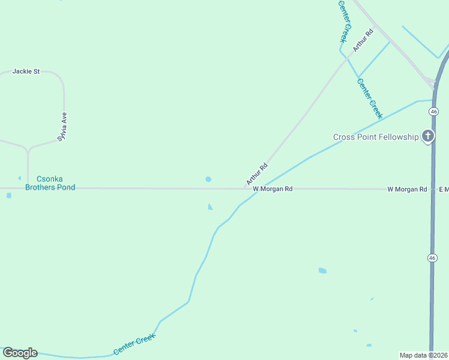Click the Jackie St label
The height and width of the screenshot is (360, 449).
click(26, 71)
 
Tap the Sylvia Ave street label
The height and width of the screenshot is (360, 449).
click(62, 126)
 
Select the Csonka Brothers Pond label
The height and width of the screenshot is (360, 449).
click(50, 183)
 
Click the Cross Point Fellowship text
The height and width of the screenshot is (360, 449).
click(376, 137)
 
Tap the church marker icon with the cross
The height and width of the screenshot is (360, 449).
click(428, 136)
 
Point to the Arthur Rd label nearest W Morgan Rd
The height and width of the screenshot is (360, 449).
click(256, 173)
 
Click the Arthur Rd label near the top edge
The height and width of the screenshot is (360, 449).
click(363, 40)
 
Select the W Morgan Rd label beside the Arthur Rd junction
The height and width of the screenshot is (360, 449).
click(273, 188)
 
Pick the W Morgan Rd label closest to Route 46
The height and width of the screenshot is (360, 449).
click(407, 189)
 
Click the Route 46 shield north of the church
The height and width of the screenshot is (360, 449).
click(434, 111)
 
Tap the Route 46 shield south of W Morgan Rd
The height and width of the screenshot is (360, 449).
click(432, 257)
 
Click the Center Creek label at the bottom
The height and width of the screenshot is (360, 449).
click(134, 344)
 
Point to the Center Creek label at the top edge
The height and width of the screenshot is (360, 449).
click(343, 21)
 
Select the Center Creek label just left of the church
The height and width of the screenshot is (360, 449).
click(370, 98)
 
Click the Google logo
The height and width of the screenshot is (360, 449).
click(20, 353)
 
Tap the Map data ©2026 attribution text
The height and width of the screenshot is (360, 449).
click(424, 355)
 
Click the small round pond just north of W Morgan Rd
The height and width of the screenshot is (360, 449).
click(208, 179)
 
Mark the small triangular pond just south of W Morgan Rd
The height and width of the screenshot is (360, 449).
click(209, 207)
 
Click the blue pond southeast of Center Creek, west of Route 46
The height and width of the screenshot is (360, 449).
click(322, 271)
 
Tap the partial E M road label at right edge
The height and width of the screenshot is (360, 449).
click(444, 189)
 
